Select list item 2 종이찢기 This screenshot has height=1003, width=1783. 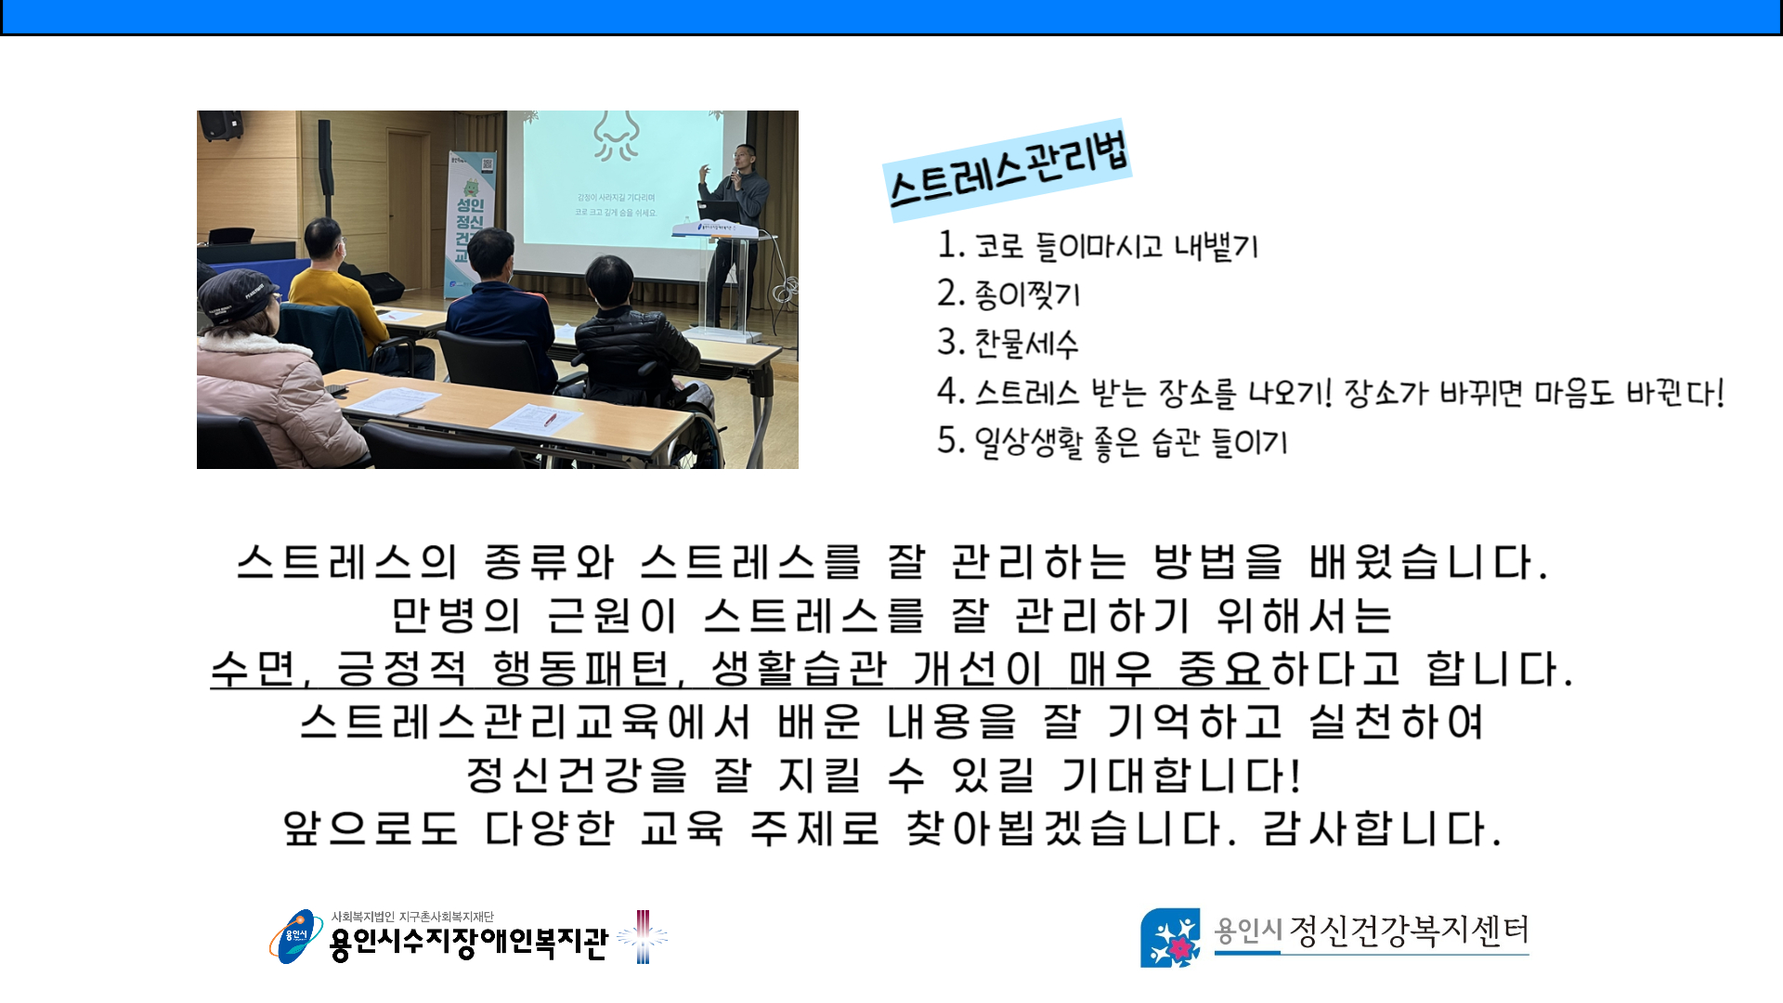tap(1009, 294)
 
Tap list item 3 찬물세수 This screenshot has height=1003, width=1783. tap(1008, 344)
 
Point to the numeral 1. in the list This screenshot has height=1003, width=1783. tap(952, 244)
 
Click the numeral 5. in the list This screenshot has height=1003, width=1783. tap(952, 440)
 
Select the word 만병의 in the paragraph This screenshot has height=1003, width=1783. tap(456, 616)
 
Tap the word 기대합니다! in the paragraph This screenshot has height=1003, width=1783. tap(1182, 775)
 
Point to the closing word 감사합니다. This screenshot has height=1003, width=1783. tap(1382, 828)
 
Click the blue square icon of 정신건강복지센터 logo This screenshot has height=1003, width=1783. tap(1170, 937)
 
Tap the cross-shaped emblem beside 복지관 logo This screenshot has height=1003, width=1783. tap(643, 936)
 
